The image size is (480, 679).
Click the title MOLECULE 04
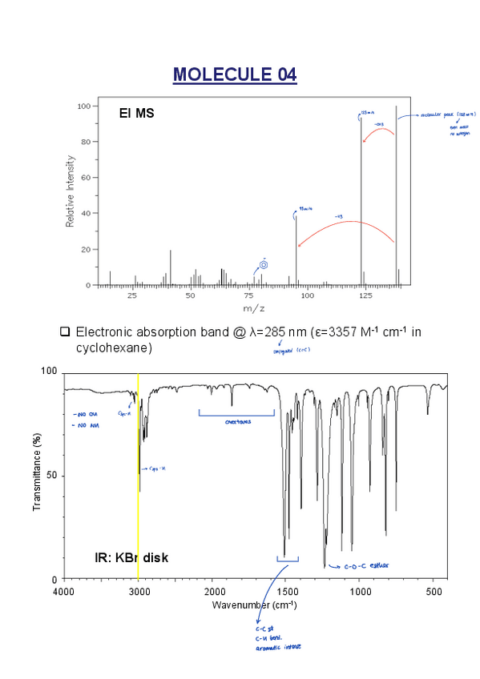click(x=235, y=75)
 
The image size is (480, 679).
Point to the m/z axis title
click(x=253, y=308)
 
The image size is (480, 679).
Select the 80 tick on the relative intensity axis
click(x=83, y=142)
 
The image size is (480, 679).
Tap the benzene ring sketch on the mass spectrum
click(x=264, y=265)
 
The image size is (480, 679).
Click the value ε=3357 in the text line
click(x=317, y=331)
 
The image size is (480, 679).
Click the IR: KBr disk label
click(x=131, y=557)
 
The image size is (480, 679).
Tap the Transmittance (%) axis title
click(x=37, y=476)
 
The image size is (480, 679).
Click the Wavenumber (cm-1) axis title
click(x=254, y=605)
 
